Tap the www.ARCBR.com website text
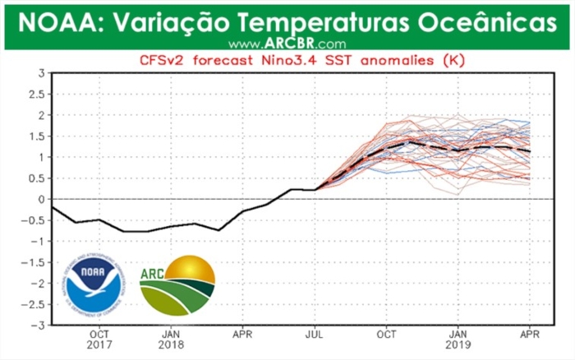pos(287,44)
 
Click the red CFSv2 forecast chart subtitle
pos(287,60)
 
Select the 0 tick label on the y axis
pos(40,199)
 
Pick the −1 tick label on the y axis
pos(38,241)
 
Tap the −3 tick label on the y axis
pos(38,325)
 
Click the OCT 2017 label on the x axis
pos(99,341)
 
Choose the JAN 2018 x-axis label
pos(171,341)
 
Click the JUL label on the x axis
pos(315,335)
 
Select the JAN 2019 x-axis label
pos(458,341)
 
